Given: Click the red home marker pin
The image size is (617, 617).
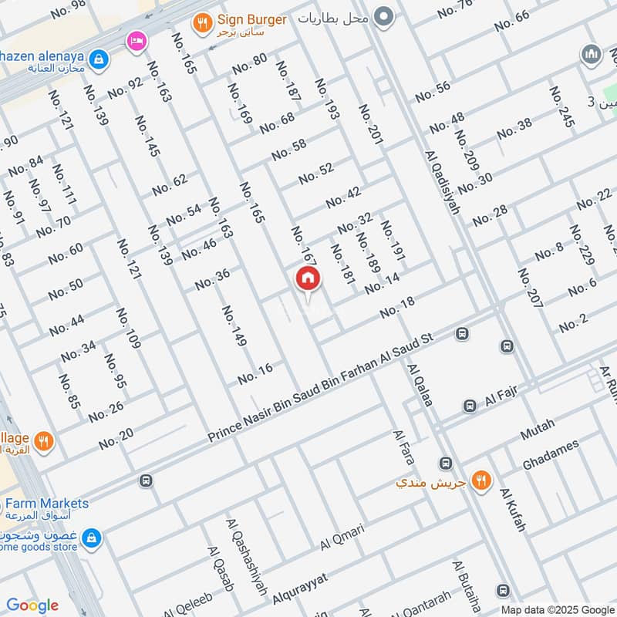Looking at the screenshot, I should (307, 279).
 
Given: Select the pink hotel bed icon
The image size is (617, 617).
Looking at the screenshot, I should (137, 40).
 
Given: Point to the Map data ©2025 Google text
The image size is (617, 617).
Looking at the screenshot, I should (556, 609).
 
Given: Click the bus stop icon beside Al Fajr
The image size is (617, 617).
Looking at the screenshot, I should (470, 406).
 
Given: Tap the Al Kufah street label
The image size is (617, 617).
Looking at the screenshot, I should (513, 510).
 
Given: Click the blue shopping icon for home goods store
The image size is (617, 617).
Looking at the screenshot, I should (91, 537).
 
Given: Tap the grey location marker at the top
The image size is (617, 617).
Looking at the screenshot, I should (383, 16).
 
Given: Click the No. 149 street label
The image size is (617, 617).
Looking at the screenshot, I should (234, 325).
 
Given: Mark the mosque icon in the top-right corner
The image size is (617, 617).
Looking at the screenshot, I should (592, 54).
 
